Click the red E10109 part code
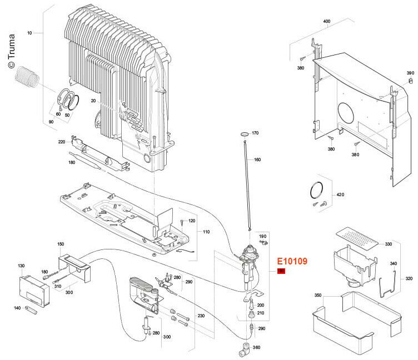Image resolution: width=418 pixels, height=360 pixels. pos(292,261)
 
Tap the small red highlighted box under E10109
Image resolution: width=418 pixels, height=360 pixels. pos(281,271)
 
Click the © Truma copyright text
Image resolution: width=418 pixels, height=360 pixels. pos(11,51)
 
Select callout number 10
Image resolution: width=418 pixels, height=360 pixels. pos(29,33)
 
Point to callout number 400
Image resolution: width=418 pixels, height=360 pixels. pos(327,21)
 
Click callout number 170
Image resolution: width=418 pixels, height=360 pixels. pos(255,133)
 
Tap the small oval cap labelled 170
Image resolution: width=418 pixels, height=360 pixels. pos(244,133)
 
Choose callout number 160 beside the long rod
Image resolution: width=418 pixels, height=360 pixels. pos(257,159)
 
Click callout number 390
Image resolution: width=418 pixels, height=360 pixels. pos(410,73)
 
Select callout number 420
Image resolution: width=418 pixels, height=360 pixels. pos(340,195)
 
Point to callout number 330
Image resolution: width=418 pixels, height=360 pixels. pos(389,244)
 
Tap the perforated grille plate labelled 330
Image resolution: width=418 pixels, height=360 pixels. pos(357,238)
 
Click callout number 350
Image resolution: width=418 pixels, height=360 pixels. pos(318,295)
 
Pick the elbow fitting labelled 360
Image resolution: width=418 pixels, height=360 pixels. pos(244,349)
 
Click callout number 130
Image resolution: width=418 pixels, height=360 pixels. pos(21,266)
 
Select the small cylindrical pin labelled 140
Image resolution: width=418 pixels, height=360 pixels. pos(31,310)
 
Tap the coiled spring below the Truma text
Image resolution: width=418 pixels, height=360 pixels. pos(27,77)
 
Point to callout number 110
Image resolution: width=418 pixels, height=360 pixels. pos(206,232)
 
